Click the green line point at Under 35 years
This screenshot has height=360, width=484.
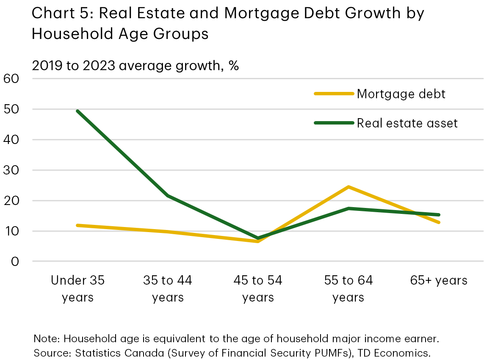point(78,111)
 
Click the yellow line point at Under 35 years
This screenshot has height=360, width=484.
point(78,225)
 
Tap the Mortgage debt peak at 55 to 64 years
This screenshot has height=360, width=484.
point(348,187)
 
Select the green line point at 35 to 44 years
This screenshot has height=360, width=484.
point(168,196)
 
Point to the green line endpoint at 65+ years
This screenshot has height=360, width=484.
point(439,215)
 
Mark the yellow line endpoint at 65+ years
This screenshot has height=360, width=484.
point(439,222)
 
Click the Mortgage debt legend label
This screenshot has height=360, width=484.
point(401,94)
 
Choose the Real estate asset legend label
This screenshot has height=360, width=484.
point(407,123)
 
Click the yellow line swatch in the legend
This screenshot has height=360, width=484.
point(334,94)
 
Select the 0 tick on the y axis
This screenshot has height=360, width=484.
point(15,261)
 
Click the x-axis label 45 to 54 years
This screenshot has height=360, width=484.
point(258,288)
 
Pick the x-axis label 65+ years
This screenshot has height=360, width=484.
point(439,280)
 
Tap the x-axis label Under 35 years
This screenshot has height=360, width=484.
point(78,288)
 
